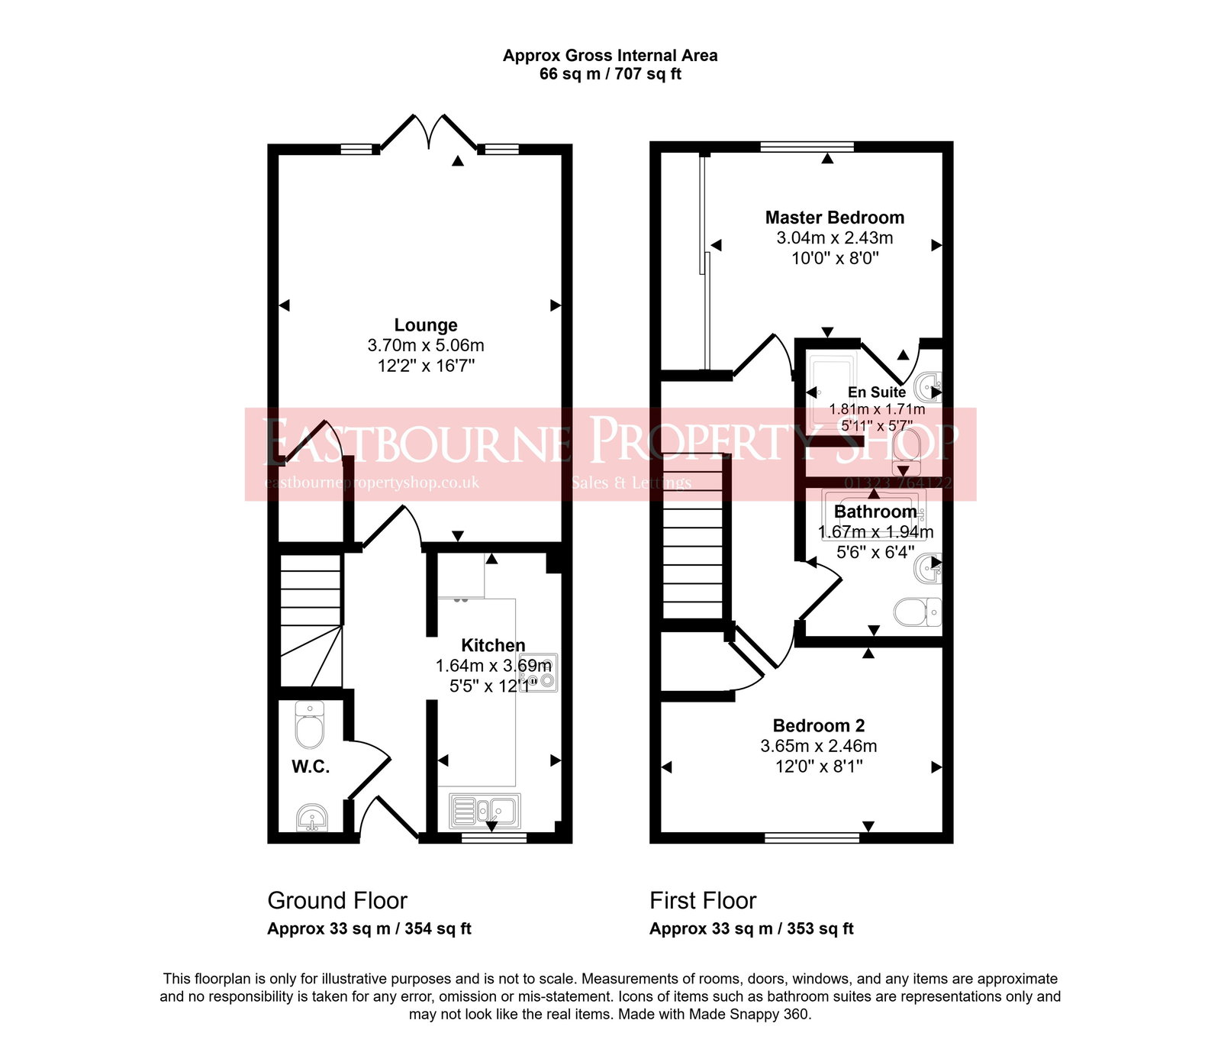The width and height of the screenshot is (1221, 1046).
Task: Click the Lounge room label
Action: pos(426,325)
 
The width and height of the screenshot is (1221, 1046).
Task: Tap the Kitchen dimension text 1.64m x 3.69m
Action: pos(493,666)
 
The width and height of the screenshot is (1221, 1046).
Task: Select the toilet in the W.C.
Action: pos(310,725)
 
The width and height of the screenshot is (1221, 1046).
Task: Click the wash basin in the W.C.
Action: pos(311,818)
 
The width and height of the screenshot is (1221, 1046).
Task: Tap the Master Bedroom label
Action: pos(835,218)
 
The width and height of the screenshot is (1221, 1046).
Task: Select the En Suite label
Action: pos(877,392)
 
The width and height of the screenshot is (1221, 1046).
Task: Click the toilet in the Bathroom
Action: pos(917,612)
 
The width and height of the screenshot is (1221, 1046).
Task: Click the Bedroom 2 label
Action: pos(819,725)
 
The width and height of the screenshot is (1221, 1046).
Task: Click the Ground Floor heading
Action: pos(337,901)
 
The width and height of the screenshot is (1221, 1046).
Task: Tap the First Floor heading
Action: pos(703,901)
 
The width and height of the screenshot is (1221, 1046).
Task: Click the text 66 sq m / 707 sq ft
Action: pos(610,74)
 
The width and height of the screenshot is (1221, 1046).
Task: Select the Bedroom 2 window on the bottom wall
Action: pos(812,838)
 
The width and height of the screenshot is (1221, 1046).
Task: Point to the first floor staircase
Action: pos(692,542)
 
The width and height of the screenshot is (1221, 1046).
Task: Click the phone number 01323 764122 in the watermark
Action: pos(898,483)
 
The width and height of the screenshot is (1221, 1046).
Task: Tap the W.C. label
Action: pos(311,767)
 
